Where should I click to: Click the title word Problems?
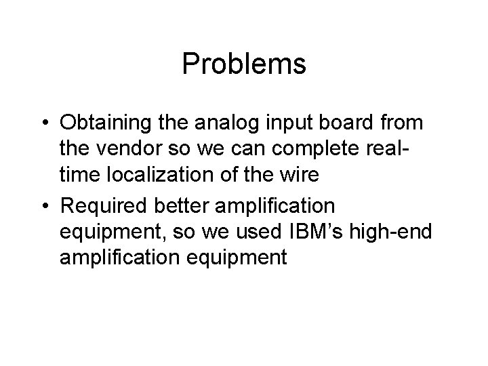pos(244,65)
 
